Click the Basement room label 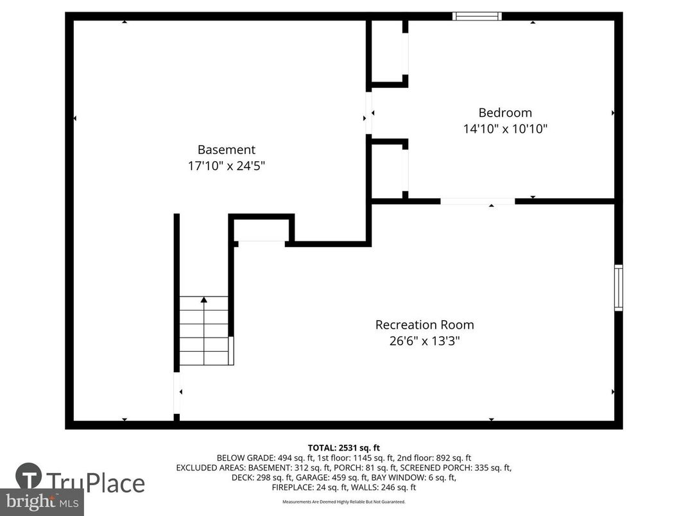click(226, 150)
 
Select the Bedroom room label click(505, 112)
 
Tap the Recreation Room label click(424, 325)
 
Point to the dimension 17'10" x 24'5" click(226, 166)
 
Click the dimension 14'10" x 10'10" click(505, 128)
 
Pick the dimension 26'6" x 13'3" click(424, 341)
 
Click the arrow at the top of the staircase click(204, 300)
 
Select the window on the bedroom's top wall click(477, 16)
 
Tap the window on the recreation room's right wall click(618, 288)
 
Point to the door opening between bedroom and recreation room click(477, 202)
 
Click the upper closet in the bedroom click(388, 53)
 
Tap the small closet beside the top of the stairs click(261, 230)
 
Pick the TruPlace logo click(80, 481)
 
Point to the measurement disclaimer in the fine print click(344, 502)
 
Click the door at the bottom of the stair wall click(176, 394)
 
